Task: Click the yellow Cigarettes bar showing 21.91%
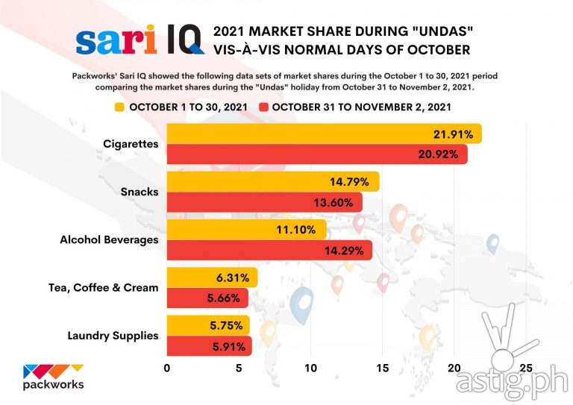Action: pyautogui.click(x=323, y=134)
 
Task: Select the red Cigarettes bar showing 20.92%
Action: pyautogui.click(x=316, y=154)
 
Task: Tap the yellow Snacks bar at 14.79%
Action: pyautogui.click(x=272, y=181)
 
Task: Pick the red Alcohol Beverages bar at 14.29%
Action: pyautogui.click(x=269, y=250)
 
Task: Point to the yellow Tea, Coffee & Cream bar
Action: pyautogui.click(x=211, y=277)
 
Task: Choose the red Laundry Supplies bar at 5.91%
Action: pyautogui.click(x=209, y=346)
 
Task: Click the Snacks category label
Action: pyautogui.click(x=139, y=192)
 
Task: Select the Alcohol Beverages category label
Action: pyautogui.click(x=109, y=240)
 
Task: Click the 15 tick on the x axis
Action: pyautogui.click(x=382, y=368)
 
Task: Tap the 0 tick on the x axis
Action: pyautogui.click(x=166, y=368)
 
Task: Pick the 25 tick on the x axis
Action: pyautogui.click(x=526, y=368)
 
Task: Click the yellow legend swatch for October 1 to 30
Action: pyautogui.click(x=119, y=107)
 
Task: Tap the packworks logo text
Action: pyautogui.click(x=54, y=385)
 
